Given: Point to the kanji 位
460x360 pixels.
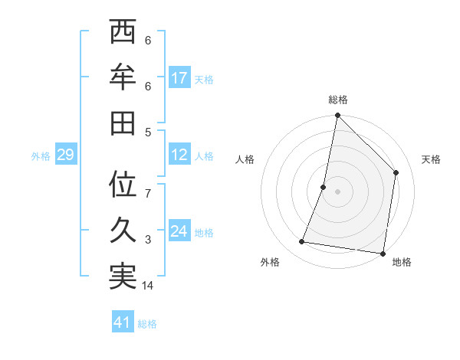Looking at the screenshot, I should tap(123, 185).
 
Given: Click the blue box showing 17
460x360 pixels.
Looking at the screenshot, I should tap(179, 77).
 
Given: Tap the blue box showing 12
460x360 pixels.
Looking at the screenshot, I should tap(179, 155).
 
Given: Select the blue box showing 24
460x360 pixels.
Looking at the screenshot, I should tap(179, 232).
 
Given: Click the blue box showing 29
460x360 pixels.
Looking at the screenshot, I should tap(65, 155).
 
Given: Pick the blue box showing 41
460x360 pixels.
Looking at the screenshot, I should tap(123, 322).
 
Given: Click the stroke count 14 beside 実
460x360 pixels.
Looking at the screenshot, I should tap(149, 286).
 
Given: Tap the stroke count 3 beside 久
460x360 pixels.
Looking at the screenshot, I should tap(148, 241).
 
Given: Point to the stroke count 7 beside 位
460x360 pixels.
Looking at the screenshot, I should tap(148, 194).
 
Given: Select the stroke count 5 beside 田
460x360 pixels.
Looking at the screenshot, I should tap(148, 132).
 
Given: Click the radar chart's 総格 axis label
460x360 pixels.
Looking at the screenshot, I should tap(337, 100).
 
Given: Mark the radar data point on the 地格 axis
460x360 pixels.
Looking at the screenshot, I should tap(383, 253).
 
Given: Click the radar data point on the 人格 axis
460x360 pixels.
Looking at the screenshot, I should tap(324, 187).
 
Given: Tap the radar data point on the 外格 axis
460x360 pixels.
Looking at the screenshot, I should tap(302, 242).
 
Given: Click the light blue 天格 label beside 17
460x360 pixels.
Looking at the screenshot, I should tap(204, 79).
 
